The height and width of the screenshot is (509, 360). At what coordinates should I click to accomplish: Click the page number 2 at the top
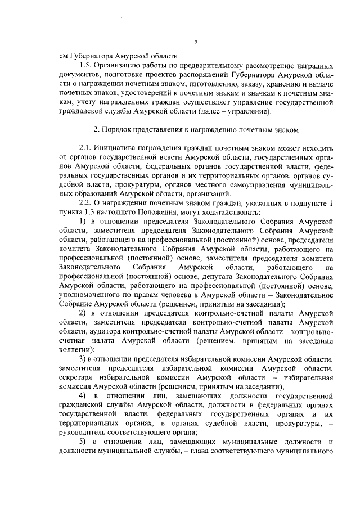tap(196, 43)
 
